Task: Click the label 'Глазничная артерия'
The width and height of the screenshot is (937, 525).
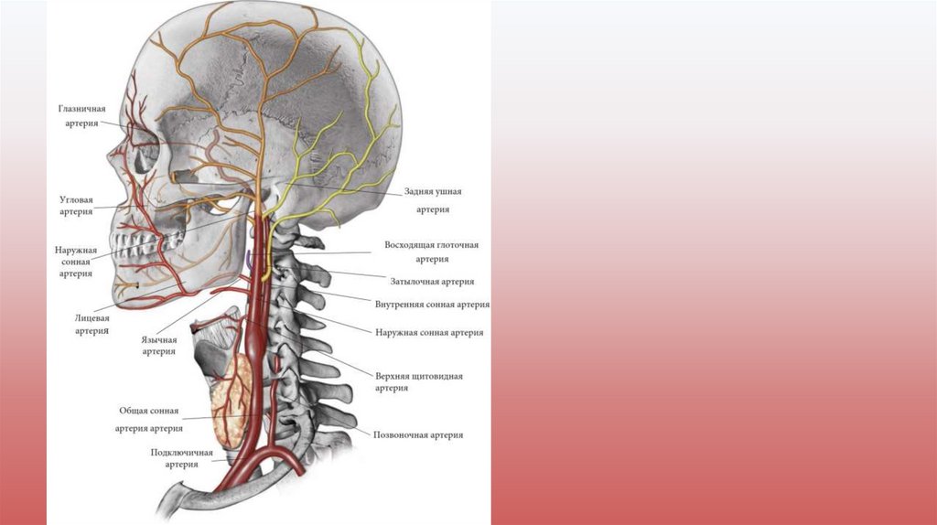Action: tap(82, 115)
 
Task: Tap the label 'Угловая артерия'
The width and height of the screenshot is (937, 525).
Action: tap(76, 204)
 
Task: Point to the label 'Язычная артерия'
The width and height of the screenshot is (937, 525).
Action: tap(159, 345)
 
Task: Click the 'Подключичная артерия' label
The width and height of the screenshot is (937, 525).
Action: tap(181, 458)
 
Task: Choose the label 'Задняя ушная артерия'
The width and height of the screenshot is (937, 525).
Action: tap(433, 200)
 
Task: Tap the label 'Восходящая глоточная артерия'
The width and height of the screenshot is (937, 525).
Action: tap(431, 252)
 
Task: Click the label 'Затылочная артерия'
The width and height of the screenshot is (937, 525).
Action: tap(431, 282)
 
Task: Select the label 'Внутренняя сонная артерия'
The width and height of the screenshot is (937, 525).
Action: tap(431, 305)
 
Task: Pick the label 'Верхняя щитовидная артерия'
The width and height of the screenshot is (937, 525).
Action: tap(418, 381)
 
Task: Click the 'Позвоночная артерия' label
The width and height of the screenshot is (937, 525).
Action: tap(418, 435)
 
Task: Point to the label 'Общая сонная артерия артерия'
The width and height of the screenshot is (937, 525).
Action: tap(149, 419)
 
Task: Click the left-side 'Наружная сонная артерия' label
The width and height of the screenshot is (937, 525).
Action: tap(76, 261)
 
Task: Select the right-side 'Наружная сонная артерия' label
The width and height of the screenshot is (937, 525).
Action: tap(428, 333)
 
